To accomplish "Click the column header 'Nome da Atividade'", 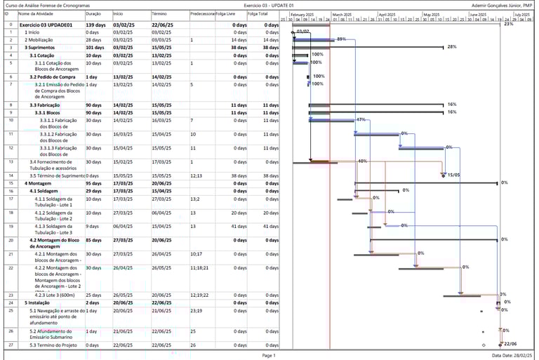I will coord(35,13).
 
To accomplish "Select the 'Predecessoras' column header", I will coord(202,13).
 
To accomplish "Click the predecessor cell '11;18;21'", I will coord(199,267).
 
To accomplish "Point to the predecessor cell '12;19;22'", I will coord(199,295).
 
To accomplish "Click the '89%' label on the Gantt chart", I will coord(341,39).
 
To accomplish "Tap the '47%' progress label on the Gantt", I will coord(361,120).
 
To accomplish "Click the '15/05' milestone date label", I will coord(453,175).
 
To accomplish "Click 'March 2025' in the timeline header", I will coord(342,14).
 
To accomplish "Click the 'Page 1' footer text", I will coord(269,356).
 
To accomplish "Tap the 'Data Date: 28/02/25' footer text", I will coord(512,356).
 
